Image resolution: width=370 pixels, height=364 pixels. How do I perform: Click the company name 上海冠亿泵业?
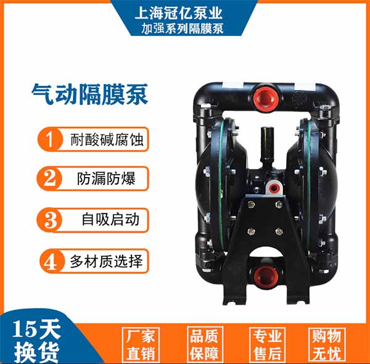point(179,13)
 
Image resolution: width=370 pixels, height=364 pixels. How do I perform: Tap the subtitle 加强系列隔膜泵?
point(182,29)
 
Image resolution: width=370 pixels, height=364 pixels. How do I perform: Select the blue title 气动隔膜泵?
point(90,94)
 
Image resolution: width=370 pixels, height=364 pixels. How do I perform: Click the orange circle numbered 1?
point(50,139)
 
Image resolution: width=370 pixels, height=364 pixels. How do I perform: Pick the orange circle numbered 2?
point(49,178)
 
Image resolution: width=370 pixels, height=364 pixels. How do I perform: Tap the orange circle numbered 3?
point(49,220)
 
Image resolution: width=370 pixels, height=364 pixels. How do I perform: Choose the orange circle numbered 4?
point(52,262)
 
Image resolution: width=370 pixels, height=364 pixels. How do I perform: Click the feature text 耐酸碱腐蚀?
point(107,139)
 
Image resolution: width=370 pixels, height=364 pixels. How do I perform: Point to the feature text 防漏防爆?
point(107,179)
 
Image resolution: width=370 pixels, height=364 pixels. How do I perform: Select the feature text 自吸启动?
point(110,220)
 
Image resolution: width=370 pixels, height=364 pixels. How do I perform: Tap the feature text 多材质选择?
point(107,262)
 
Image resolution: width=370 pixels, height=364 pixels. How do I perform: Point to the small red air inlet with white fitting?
point(273,188)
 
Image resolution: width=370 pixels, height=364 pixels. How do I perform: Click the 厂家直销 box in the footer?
point(141,345)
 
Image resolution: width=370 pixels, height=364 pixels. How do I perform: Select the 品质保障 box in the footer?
point(205,344)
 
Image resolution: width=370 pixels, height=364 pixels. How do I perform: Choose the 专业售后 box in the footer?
point(268,345)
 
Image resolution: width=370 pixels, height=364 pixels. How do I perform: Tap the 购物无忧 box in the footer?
point(327,345)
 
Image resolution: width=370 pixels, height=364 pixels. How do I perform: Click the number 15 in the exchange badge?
point(23,329)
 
